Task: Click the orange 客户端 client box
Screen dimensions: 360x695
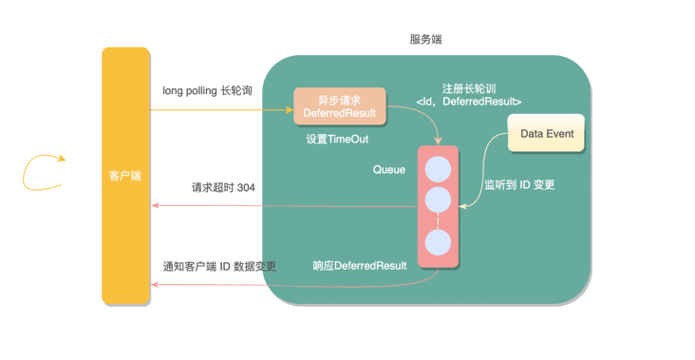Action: (125, 176)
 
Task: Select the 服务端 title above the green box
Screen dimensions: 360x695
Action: (425, 40)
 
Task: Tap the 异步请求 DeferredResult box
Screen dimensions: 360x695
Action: (339, 106)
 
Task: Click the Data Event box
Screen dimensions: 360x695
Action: (547, 134)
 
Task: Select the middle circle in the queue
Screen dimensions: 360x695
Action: (438, 199)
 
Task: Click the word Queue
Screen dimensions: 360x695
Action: (389, 170)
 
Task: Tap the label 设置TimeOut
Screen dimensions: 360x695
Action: (337, 139)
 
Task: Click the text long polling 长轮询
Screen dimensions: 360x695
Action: (208, 91)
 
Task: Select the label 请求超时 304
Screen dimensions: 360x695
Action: (223, 188)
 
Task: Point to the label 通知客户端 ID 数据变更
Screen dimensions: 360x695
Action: (219, 266)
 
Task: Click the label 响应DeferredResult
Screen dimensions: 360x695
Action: (360, 266)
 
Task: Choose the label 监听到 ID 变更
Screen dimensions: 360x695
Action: (519, 185)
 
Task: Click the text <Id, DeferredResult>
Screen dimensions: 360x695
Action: (469, 102)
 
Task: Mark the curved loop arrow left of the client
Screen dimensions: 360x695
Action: (43, 171)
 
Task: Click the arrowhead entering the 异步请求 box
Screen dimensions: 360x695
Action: (289, 109)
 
